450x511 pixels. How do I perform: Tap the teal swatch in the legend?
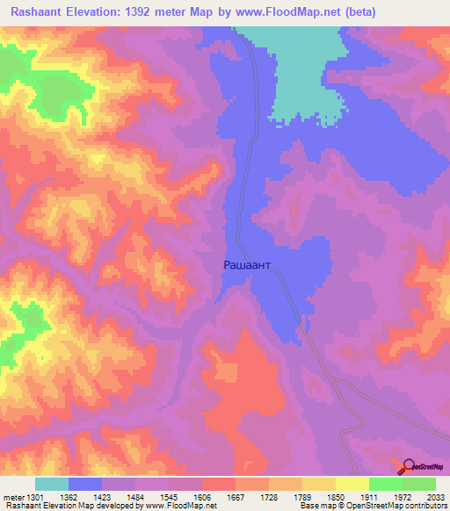52,484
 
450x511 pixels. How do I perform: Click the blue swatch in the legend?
85,484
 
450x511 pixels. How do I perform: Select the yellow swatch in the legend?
352,484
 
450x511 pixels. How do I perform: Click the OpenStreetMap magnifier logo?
409,467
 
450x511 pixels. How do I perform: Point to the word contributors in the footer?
425,507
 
